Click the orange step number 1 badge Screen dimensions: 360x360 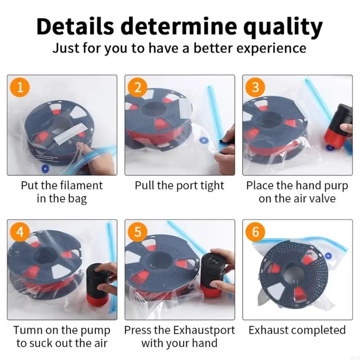(20, 87)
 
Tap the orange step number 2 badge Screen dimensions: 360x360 (138, 87)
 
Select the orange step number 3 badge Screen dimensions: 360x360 (256, 87)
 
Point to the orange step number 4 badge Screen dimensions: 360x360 (20, 232)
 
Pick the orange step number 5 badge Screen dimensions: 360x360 (138, 232)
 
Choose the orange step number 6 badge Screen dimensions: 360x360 (256, 232)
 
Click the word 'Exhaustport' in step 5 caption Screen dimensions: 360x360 (204, 331)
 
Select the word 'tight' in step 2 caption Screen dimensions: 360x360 (211, 186)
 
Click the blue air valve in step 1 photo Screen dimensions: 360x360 (45, 169)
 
